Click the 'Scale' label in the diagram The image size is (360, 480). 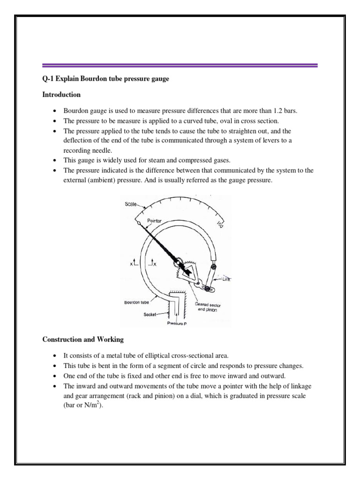(131, 203)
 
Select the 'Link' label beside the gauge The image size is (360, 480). (226, 279)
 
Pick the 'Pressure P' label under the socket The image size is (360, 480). (176, 323)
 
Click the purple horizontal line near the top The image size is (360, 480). (180, 66)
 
